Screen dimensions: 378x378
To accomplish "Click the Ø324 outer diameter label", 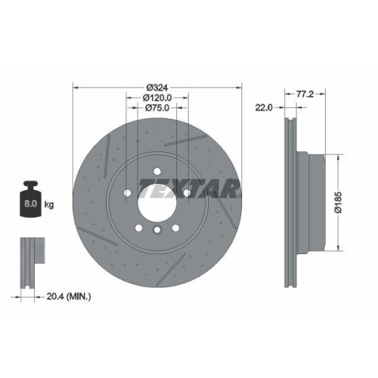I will pyautogui.click(x=156, y=87).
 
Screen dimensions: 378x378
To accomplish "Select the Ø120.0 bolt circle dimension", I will pyautogui.click(x=157, y=98).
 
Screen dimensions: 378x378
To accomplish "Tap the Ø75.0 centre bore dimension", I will pyautogui.click(x=157, y=108).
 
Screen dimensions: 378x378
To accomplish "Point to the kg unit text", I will pyautogui.click(x=48, y=205).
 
